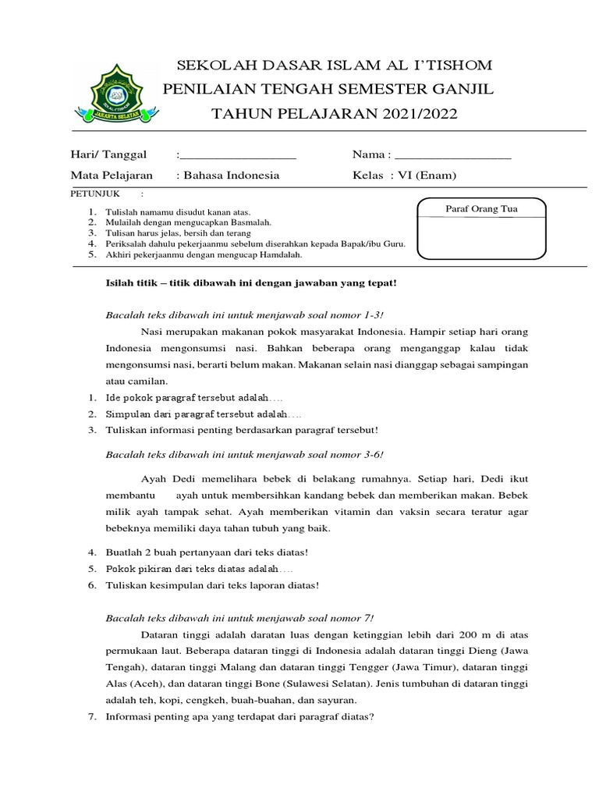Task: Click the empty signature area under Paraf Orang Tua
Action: click(481, 236)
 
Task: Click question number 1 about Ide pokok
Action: click(91, 399)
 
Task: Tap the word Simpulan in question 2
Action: click(127, 414)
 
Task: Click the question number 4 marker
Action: click(91, 552)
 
